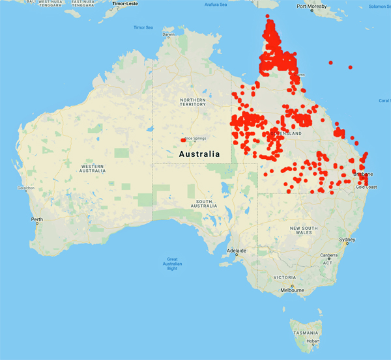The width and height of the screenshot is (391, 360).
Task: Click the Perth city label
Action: coord(37,219)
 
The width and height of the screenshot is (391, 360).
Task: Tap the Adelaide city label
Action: coord(236,251)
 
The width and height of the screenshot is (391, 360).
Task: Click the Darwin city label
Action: coord(169,35)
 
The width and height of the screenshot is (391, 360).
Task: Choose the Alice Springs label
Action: coord(195,139)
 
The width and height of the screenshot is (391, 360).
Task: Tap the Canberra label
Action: coord(328,255)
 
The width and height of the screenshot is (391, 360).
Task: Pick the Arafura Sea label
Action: coord(216,5)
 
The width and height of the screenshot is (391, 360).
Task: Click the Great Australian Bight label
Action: coord(172,264)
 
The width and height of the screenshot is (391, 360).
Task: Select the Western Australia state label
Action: coord(92,169)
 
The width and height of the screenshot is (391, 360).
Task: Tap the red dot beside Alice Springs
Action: coord(182,139)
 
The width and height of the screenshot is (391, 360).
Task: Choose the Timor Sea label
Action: coord(143,27)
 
